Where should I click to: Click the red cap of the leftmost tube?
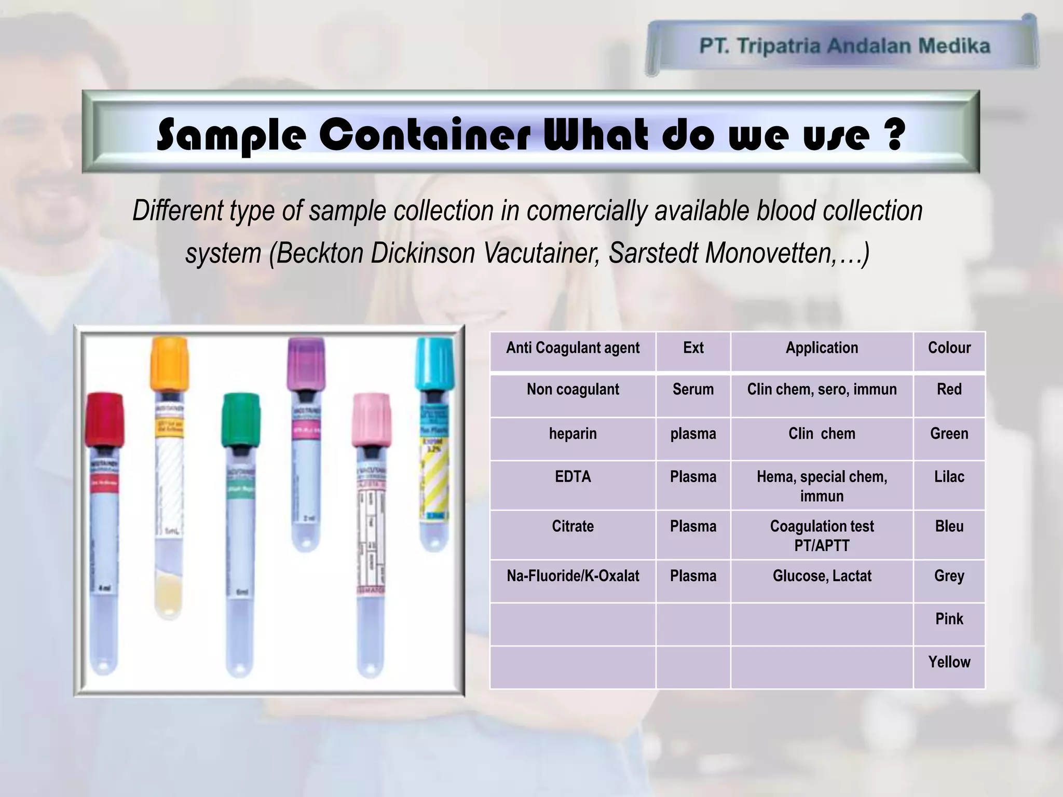click(x=104, y=419)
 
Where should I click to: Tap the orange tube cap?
click(x=169, y=363)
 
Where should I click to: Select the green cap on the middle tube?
click(x=241, y=419)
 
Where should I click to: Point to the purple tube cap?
click(x=306, y=363)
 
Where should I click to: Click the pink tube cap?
click(x=371, y=419)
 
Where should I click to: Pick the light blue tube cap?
click(x=435, y=363)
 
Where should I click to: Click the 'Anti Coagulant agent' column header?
click(x=573, y=348)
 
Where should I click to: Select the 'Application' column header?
click(x=822, y=348)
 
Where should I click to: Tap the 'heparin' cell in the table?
click(x=573, y=434)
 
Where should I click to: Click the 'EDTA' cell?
click(x=573, y=477)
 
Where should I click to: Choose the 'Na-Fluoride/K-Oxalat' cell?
click(x=573, y=576)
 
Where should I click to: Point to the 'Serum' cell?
click(x=693, y=390)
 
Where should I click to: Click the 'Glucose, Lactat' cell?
click(x=822, y=576)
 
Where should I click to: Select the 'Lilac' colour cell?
click(x=949, y=477)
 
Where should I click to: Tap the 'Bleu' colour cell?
click(x=949, y=527)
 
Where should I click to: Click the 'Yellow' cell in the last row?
click(x=949, y=662)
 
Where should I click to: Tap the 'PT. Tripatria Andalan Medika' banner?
click(x=844, y=46)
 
